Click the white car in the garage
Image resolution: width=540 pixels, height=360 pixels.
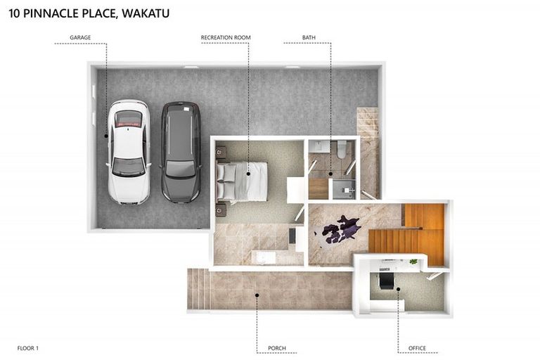pyautogui.click(x=129, y=151)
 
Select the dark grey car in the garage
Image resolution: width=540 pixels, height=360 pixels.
pyautogui.click(x=180, y=151)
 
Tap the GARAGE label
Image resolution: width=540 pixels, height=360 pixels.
pyautogui.click(x=80, y=37)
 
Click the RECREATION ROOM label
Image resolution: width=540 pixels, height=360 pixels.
pyautogui.click(x=226, y=37)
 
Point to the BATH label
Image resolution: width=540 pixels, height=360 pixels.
pyautogui.click(x=309, y=37)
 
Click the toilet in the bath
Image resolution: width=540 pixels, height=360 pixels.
pyautogui.click(x=342, y=149)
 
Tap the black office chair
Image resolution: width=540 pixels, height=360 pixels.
pyautogui.click(x=387, y=281)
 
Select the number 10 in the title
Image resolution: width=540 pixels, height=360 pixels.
pyautogui.click(x=15, y=13)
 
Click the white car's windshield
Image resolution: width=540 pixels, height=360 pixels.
pyautogui.click(x=129, y=166)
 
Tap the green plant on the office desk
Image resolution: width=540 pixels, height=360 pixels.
pyautogui.click(x=413, y=262)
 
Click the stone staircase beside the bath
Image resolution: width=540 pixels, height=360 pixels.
pyautogui.click(x=368, y=151)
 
